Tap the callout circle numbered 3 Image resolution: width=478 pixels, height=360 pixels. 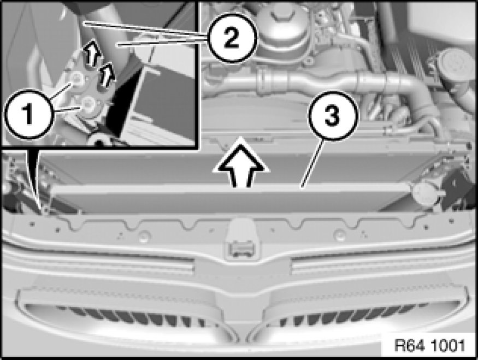pyautogui.click(x=333, y=116)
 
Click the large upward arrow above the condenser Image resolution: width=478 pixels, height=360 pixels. pyautogui.click(x=241, y=161)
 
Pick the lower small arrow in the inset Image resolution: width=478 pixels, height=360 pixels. pyautogui.click(x=107, y=75)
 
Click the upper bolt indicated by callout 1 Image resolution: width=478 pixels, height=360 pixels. pyautogui.click(x=76, y=79)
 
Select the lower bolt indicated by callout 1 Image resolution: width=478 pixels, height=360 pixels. pyautogui.click(x=88, y=104)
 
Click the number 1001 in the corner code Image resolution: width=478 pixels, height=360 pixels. pyautogui.click(x=447, y=345)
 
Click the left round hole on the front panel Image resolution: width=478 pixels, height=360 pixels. pyautogui.click(x=144, y=236)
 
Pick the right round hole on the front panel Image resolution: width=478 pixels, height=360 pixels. pyautogui.click(x=339, y=235)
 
